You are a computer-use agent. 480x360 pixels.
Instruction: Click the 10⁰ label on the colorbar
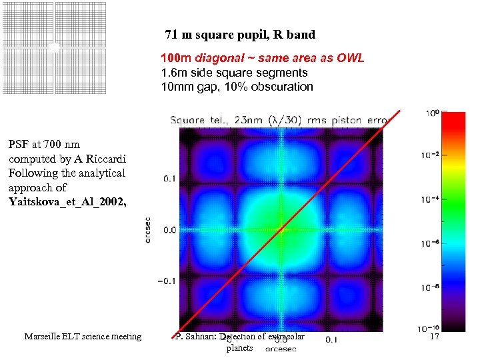click(433, 115)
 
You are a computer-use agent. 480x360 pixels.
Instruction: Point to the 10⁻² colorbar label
click(432, 156)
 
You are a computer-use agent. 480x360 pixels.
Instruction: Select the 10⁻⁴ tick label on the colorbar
click(432, 199)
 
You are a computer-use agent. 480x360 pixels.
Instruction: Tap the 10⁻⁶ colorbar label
click(432, 243)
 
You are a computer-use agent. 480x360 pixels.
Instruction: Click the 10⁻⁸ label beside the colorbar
click(432, 287)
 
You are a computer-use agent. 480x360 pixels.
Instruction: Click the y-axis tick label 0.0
click(168, 230)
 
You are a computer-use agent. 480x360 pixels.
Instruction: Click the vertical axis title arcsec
click(147, 229)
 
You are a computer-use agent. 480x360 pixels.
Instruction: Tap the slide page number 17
click(435, 337)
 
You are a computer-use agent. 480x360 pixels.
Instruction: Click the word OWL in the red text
click(351, 58)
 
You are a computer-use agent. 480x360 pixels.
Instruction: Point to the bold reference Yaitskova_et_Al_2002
click(67, 201)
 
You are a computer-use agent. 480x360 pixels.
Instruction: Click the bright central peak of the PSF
click(281, 230)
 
